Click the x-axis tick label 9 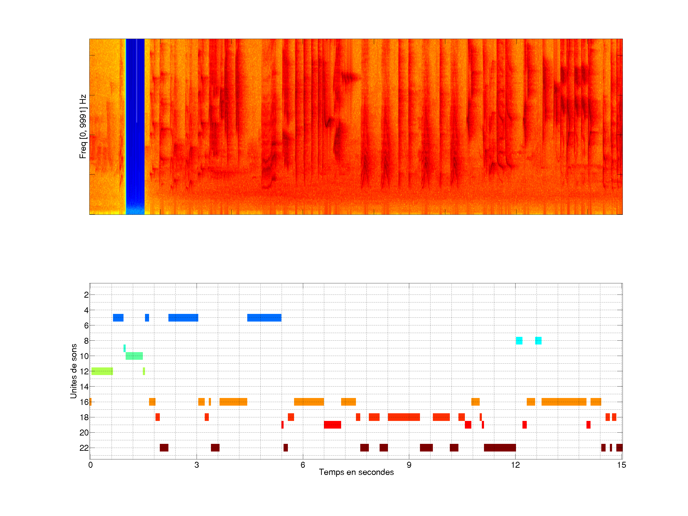pyautogui.click(x=409, y=465)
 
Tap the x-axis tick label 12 pyautogui.click(x=515, y=465)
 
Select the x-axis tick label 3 pyautogui.click(x=197, y=465)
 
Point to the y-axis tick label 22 pyautogui.click(x=84, y=448)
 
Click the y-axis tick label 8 pyautogui.click(x=86, y=341)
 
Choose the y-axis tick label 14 pyautogui.click(x=84, y=387)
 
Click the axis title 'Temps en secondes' pyautogui.click(x=356, y=472)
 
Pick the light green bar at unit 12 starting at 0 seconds pyautogui.click(x=102, y=371)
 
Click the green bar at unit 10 pyautogui.click(x=134, y=356)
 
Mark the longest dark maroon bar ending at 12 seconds pyautogui.click(x=500, y=448)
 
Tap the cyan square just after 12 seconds pyautogui.click(x=519, y=341)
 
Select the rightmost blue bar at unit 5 pyautogui.click(x=264, y=317)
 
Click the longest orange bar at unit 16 pyautogui.click(x=564, y=402)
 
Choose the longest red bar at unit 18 pyautogui.click(x=403, y=417)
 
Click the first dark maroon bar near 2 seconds pyautogui.click(x=164, y=448)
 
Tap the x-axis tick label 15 pyautogui.click(x=621, y=465)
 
